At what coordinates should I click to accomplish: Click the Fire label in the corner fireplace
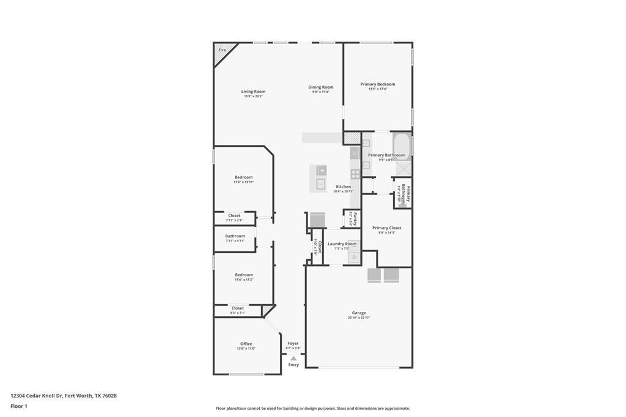point(221,50)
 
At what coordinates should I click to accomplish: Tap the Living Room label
point(253,92)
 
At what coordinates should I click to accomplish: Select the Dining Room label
point(320,87)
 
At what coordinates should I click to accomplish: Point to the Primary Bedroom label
point(377,84)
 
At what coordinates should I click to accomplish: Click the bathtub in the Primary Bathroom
point(402,147)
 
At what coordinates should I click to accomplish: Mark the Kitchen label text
point(344,186)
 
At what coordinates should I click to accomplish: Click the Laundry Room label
point(342,244)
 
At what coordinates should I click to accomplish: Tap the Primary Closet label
point(386,228)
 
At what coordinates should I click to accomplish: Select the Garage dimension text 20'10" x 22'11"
point(359,317)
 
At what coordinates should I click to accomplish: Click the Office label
point(246,344)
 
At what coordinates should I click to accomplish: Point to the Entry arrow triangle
point(293,358)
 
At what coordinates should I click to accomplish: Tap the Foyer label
point(293,344)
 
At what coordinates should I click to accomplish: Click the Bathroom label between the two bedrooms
point(235,236)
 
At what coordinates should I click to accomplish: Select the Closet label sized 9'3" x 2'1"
point(238,308)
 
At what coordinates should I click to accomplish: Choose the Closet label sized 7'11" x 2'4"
point(234,216)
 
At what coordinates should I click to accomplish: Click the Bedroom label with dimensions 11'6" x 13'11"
point(243,177)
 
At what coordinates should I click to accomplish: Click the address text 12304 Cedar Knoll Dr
point(37,396)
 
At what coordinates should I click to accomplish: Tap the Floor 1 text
point(19,406)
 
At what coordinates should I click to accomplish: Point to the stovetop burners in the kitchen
point(355,174)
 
